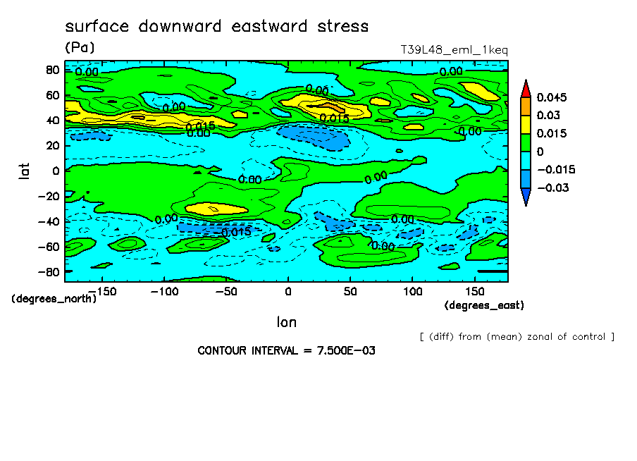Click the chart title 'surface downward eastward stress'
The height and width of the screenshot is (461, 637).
(216, 27)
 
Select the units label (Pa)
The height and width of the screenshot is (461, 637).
(80, 47)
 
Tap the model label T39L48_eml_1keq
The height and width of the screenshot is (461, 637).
(454, 50)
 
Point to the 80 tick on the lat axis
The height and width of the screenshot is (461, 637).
(51, 69)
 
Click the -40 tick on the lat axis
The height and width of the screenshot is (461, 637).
(47, 221)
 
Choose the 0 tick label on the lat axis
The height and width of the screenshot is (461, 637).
(56, 170)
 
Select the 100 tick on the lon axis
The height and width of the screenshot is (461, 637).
(413, 291)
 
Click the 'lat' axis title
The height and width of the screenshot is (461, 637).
(24, 169)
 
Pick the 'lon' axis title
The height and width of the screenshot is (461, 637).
(286, 323)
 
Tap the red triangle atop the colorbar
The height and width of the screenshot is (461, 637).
(525, 88)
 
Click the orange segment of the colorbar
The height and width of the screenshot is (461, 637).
(525, 106)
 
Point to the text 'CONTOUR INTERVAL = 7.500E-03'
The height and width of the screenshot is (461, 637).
(286, 350)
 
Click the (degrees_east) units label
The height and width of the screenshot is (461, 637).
(484, 305)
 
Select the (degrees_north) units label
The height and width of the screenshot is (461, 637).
(54, 298)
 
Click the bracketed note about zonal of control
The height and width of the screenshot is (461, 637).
(517, 336)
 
